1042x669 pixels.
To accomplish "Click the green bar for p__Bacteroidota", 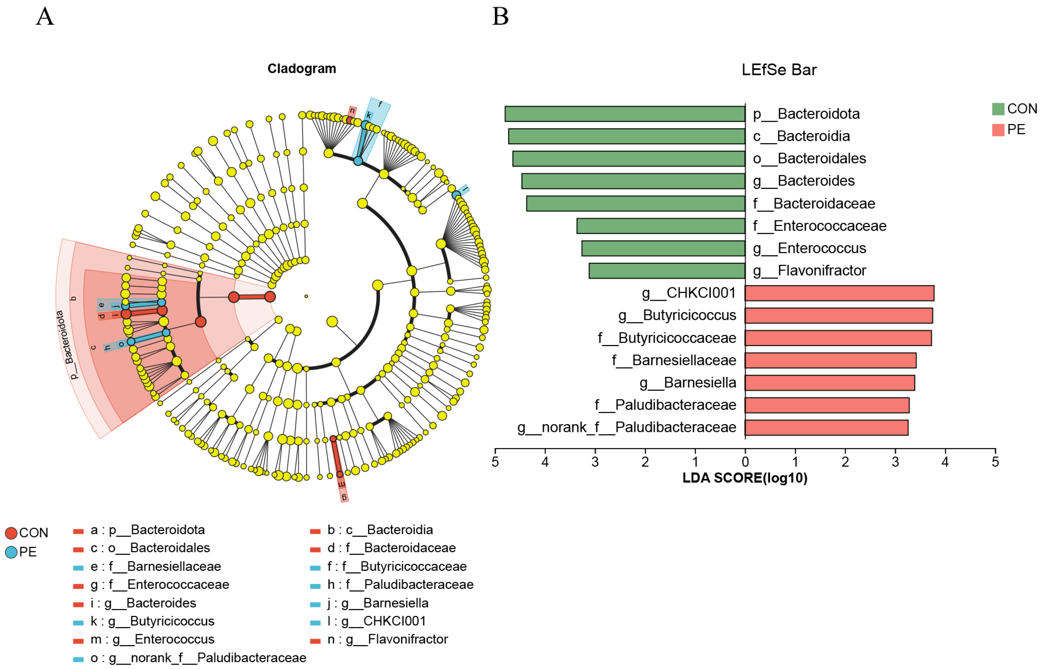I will pyautogui.click(x=624, y=114).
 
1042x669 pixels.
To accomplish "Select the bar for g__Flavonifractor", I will pyautogui.click(x=667, y=271).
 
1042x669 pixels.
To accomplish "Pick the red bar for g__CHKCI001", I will pyautogui.click(x=839, y=293).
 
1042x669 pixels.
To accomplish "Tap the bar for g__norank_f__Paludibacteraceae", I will pyautogui.click(x=826, y=428).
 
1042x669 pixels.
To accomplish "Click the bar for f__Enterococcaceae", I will pyautogui.click(x=661, y=226).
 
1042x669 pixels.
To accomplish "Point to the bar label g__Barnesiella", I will pyautogui.click(x=688, y=383).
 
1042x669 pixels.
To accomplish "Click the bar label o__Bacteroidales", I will pyautogui.click(x=809, y=159).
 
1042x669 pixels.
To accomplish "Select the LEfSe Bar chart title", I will pyautogui.click(x=779, y=70).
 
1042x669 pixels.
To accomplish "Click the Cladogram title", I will pyautogui.click(x=301, y=69).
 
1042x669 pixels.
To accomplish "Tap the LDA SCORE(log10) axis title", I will pyautogui.click(x=745, y=478).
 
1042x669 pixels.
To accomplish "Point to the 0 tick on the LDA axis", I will pyautogui.click(x=745, y=461).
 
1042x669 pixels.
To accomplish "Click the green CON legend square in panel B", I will pyautogui.click(x=998, y=109).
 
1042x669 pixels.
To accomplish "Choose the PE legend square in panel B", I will pyautogui.click(x=998, y=130).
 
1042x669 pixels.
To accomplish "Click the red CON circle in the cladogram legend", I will pyautogui.click(x=11, y=533).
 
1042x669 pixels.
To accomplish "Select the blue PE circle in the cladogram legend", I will pyautogui.click(x=11, y=552).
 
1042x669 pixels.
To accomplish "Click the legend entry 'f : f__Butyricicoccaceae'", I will pyautogui.click(x=396, y=566).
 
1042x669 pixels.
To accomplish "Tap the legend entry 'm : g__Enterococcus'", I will pyautogui.click(x=152, y=639).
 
